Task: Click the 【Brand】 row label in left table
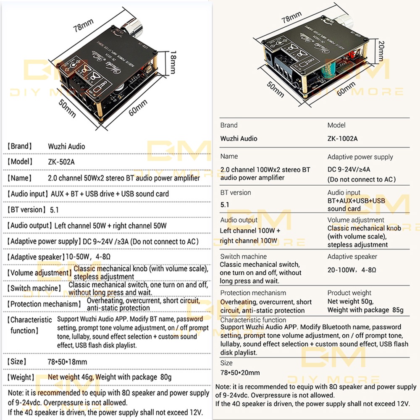19,146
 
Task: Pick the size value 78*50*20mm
240,373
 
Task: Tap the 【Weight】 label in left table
20,377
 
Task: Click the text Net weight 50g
350,302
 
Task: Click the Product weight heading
349,293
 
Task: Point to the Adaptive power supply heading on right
360,157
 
